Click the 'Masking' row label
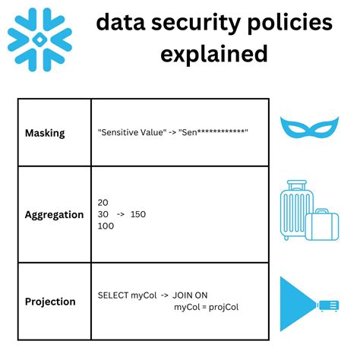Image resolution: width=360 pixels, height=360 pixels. tap(45, 133)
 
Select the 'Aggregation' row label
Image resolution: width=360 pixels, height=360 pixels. tap(53, 214)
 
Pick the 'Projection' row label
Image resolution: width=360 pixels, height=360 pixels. tap(49, 301)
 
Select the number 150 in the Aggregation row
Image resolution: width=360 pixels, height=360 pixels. tap(138, 214)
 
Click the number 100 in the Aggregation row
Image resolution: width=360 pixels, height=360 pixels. tap(106, 226)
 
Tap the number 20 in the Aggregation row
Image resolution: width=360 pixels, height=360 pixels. tap(103, 202)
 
